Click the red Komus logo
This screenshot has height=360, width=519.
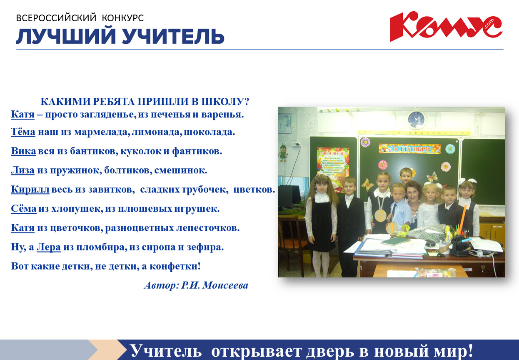click(x=446, y=26)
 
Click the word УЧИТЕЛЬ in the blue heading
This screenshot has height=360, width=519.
click(x=173, y=36)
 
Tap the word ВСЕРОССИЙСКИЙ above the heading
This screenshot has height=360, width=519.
click(x=56, y=18)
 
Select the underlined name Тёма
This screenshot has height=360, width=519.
click(x=23, y=132)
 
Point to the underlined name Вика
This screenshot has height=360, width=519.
click(x=23, y=151)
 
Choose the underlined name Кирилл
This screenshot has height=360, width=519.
click(x=30, y=190)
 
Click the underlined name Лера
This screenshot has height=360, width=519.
click(x=49, y=247)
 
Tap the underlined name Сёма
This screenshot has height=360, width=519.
click(x=24, y=208)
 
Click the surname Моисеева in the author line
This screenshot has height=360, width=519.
click(x=225, y=285)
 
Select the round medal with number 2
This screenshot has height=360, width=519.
click(x=380, y=215)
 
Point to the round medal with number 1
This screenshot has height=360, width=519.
click(x=392, y=228)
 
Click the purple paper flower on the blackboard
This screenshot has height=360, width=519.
click(x=365, y=142)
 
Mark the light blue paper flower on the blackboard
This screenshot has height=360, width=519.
click(x=450, y=149)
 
